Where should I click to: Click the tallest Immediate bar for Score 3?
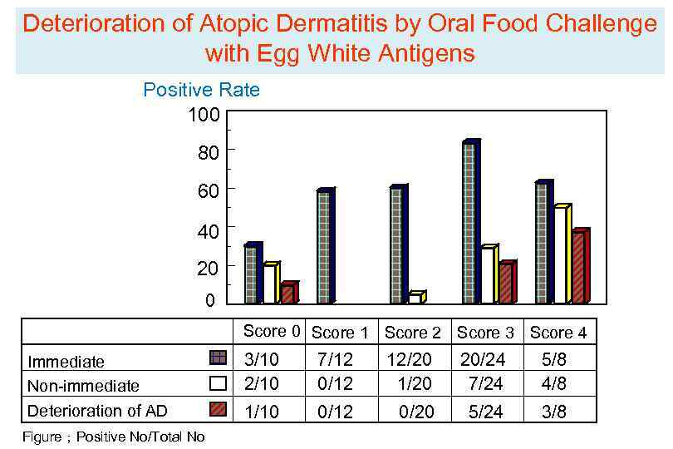tap(469, 223)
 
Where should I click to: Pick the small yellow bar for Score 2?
tap(415, 299)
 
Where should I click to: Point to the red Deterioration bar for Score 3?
tap(505, 284)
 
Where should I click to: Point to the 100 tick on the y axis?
tap(204, 115)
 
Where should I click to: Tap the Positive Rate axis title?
tap(201, 90)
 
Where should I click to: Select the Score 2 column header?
tap(412, 333)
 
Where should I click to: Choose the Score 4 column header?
tap(558, 333)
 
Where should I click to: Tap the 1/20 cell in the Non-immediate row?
tap(413, 384)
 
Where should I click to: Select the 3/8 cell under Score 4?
tap(554, 411)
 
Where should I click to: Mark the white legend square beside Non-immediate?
tap(218, 383)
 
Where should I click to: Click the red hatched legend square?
tap(218, 408)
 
